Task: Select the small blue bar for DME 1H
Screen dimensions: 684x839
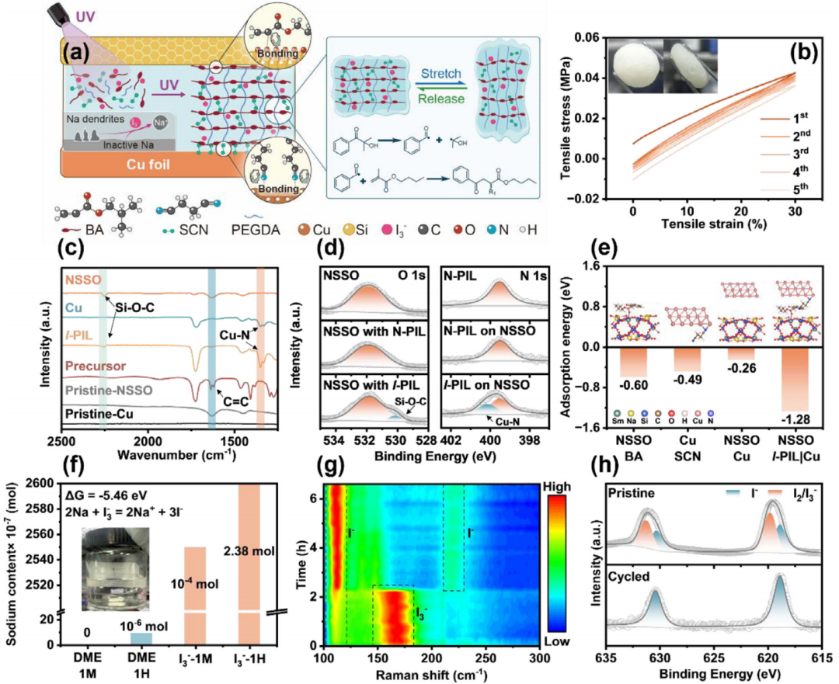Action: [141, 638]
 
